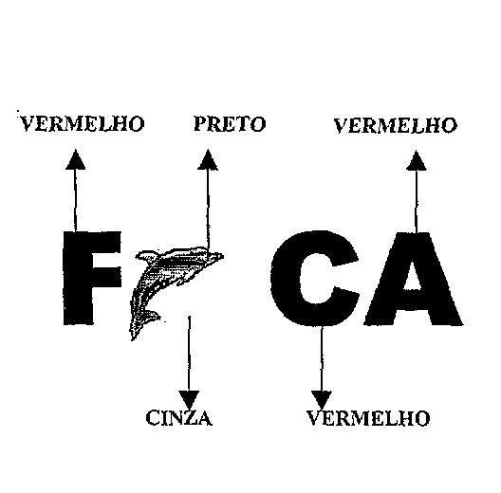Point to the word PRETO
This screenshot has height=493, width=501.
(230, 124)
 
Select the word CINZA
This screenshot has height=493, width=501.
(179, 418)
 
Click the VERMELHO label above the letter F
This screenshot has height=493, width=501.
(83, 124)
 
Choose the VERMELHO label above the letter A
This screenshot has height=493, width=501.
(396, 125)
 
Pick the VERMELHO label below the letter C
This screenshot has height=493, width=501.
(368, 418)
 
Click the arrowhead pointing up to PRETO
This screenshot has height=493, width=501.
(208, 160)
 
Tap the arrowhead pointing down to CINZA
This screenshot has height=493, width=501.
(189, 400)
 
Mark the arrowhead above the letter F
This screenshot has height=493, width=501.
(75, 159)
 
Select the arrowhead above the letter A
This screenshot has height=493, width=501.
(417, 161)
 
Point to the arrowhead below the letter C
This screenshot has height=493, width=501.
(322, 400)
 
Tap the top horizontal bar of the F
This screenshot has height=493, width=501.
(92, 240)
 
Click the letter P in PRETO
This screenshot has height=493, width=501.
(201, 124)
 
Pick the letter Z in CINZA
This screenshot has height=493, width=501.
(190, 418)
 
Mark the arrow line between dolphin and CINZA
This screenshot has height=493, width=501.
(189, 354)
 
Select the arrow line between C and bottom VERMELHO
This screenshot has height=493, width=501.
(322, 358)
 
